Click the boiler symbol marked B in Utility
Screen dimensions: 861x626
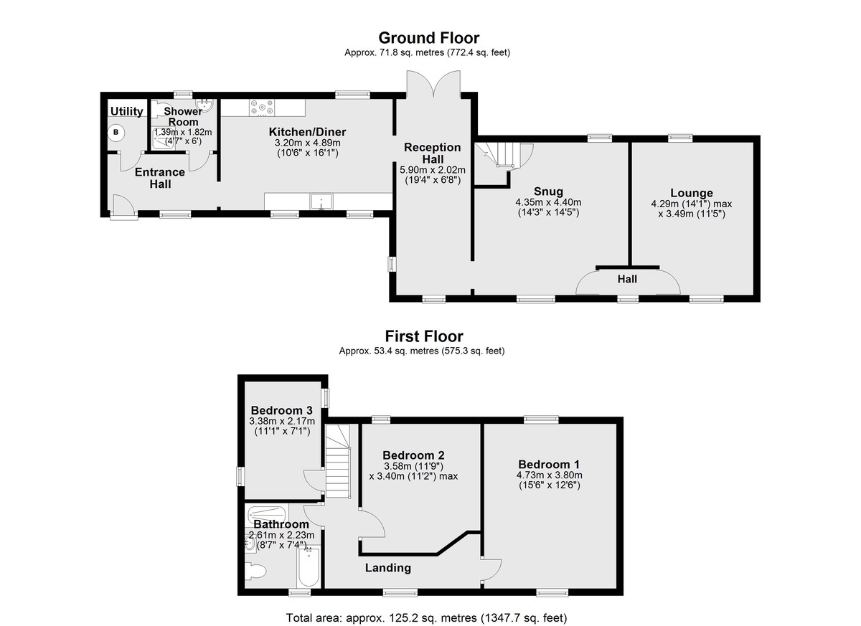[x=116, y=133]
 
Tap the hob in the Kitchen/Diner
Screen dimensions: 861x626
[x=262, y=108]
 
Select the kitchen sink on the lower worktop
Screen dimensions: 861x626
[x=321, y=201]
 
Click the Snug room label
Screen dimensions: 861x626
[x=548, y=191]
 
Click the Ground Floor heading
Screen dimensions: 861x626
[x=429, y=38]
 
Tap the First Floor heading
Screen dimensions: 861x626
[x=424, y=336]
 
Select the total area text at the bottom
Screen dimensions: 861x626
[x=427, y=617]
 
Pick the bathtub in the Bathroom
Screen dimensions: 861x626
[x=309, y=567]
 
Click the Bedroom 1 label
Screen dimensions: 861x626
[x=549, y=465]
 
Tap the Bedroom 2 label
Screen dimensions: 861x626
[x=413, y=455]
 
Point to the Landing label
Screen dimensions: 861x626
[x=388, y=568]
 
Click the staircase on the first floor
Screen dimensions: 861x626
[x=338, y=461]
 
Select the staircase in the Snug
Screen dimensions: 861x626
[x=502, y=155]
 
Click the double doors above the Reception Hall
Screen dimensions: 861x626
[x=433, y=83]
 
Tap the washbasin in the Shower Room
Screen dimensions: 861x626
[x=204, y=105]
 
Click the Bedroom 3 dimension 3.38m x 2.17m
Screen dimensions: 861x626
[x=282, y=421]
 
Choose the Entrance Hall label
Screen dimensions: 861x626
[x=160, y=179]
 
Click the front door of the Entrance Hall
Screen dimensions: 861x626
[x=123, y=209]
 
